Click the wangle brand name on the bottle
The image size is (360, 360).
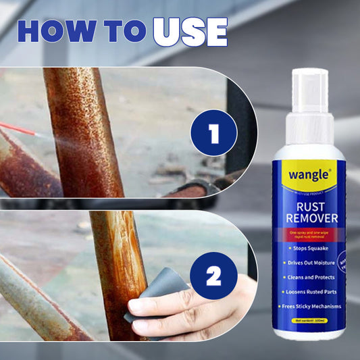309,174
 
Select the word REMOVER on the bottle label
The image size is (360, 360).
309,220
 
